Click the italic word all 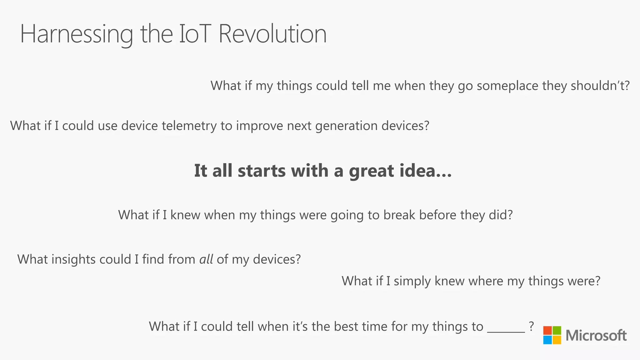206,259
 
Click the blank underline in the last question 506,331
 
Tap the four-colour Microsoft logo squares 552,335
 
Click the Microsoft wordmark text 596,336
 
